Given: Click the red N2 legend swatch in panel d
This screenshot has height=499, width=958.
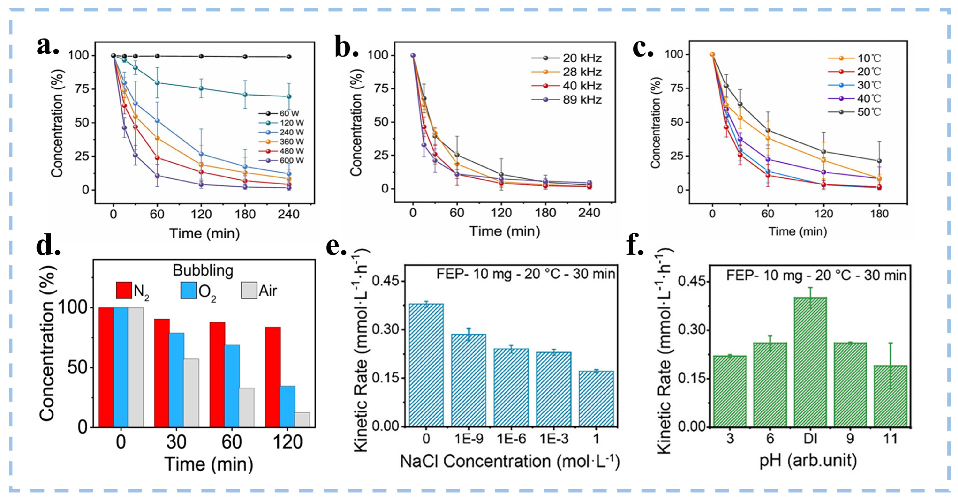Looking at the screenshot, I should pos(124,290).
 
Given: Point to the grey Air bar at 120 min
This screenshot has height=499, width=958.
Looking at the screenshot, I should pos(302,419).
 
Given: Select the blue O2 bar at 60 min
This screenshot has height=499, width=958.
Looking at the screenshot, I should pos(232,385).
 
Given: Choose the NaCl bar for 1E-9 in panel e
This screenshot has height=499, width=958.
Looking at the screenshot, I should pos(469,380).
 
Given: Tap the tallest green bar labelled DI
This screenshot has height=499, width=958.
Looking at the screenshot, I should pos(810,361).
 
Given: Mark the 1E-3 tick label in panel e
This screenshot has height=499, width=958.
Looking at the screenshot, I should pos(554,439).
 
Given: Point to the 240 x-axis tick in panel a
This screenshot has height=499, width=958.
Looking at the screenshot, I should pos(289,214).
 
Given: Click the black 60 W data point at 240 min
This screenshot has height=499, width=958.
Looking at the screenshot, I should pos(289,57).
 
